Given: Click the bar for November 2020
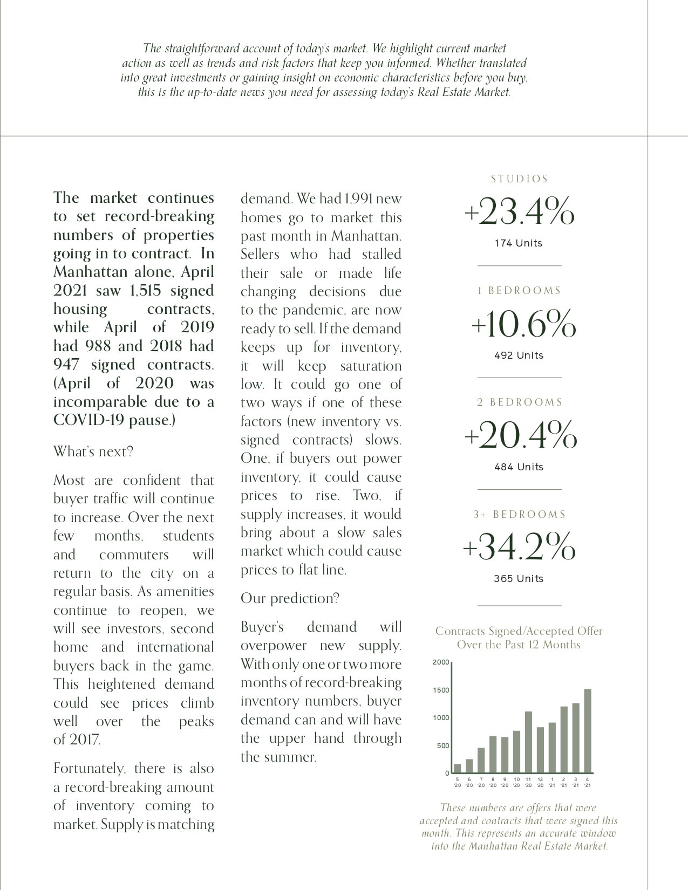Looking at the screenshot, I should click(x=528, y=742).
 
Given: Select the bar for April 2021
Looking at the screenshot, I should click(x=588, y=731).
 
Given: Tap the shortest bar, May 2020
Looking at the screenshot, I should click(x=458, y=768).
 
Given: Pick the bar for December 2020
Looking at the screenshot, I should click(x=540, y=750).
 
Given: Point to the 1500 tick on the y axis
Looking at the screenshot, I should click(x=441, y=690).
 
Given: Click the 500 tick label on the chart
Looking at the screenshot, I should click(x=442, y=746).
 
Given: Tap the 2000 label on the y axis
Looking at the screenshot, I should click(x=441, y=662).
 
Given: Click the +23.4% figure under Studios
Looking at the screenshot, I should click(x=519, y=211).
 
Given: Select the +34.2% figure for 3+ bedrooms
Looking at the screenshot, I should click(x=519, y=547).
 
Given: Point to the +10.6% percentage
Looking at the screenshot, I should click(x=523, y=324).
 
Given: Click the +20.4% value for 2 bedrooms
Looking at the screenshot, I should click(x=520, y=435).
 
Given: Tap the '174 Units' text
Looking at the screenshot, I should click(x=519, y=243).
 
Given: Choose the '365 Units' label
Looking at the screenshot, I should click(x=519, y=579).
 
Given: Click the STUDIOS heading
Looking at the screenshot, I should click(x=519, y=179).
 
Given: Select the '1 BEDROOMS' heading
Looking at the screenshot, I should click(x=519, y=291).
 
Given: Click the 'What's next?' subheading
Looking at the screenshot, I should click(x=93, y=451).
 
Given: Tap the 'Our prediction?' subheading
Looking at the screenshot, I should click(x=290, y=598).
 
